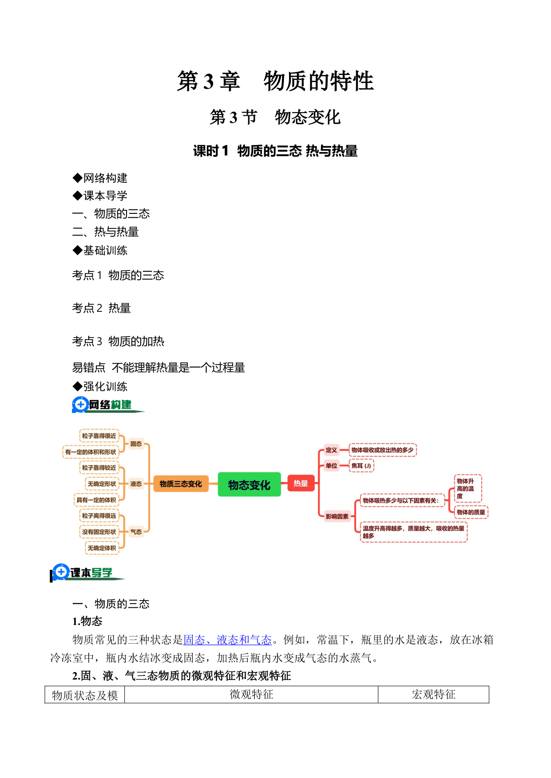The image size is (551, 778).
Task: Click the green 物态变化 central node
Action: tap(249, 484)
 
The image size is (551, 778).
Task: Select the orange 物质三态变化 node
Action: tap(181, 484)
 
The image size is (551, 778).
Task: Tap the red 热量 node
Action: tap(301, 483)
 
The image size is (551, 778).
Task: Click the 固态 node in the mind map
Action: tap(136, 444)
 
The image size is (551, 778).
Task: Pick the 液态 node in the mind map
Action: tap(136, 484)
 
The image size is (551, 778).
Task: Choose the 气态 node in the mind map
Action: tap(136, 532)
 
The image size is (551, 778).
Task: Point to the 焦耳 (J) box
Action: tap(361, 466)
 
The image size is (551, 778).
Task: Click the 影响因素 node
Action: tap(337, 516)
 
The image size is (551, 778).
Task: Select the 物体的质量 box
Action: tap(471, 512)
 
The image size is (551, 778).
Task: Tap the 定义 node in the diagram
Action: tap(331, 450)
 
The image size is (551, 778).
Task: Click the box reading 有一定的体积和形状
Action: tap(91, 452)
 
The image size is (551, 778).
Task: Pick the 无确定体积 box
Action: tap(102, 548)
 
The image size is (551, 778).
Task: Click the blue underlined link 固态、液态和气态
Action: tap(227, 640)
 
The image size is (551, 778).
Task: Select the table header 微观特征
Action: tap(251, 695)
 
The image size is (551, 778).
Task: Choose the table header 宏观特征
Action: tap(433, 695)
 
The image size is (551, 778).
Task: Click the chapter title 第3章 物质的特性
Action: tap(275, 81)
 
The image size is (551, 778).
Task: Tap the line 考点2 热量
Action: tap(102, 308)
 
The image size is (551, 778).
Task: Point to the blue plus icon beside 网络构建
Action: tap(80, 405)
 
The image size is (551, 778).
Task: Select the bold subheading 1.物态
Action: tap(87, 621)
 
